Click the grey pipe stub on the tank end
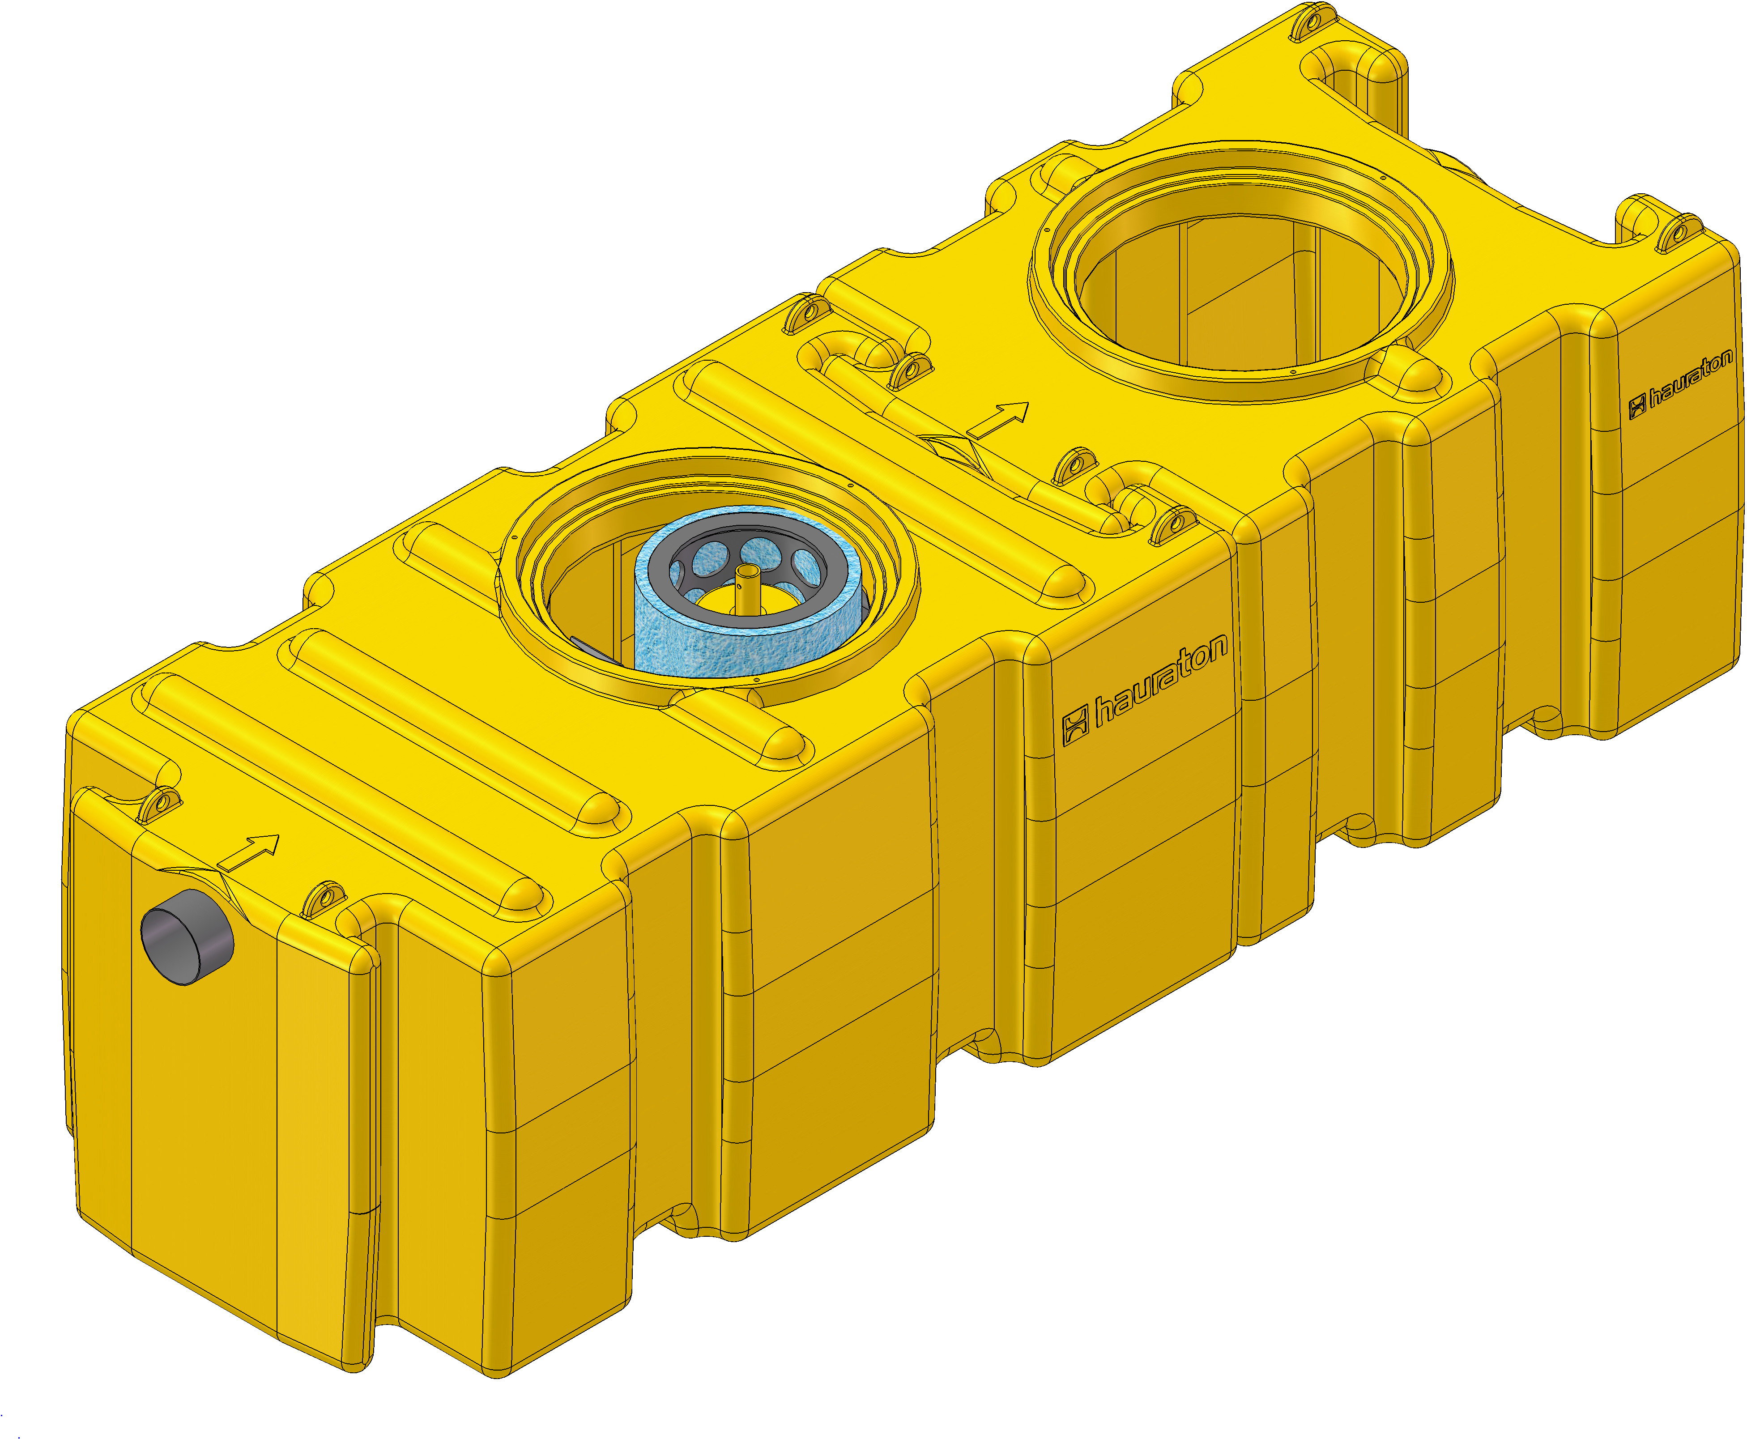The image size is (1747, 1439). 187,937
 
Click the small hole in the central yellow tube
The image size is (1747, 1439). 746,571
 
